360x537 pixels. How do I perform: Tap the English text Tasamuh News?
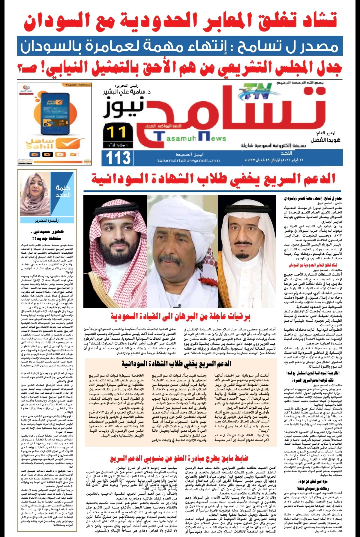(190, 138)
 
